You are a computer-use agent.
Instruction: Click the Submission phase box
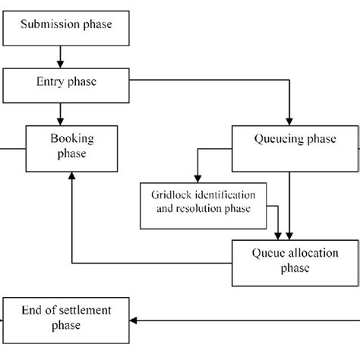[x=66, y=25]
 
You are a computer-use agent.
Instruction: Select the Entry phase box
[x=66, y=85]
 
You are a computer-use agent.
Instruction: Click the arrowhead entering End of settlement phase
[x=135, y=320]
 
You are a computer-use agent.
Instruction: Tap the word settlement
[x=85, y=310]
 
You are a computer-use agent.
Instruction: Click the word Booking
[x=70, y=140]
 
